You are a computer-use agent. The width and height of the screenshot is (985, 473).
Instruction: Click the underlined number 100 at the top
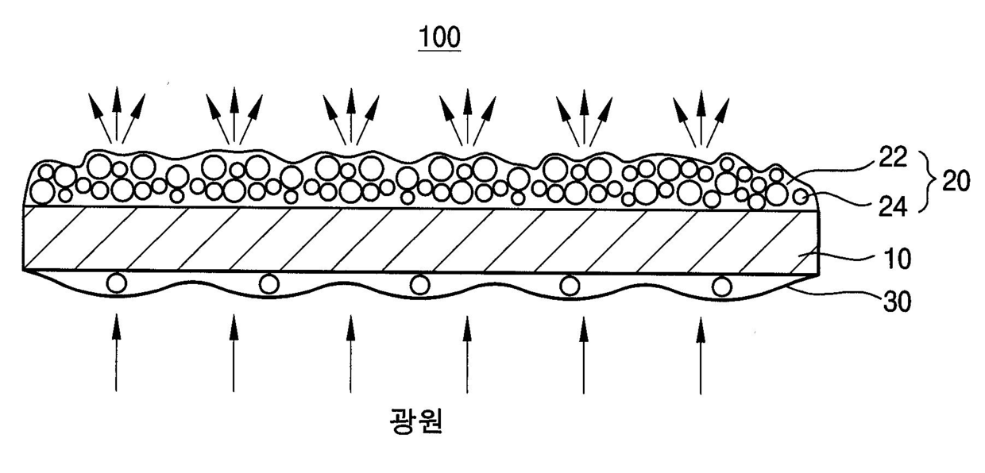click(439, 38)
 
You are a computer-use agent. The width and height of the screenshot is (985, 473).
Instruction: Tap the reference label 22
click(893, 156)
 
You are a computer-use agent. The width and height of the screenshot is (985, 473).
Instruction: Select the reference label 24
click(893, 206)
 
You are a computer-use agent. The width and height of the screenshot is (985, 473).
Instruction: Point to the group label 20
click(956, 181)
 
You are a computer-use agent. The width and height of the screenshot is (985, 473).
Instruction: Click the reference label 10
click(897, 259)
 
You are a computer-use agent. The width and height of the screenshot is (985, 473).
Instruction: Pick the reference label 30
click(897, 302)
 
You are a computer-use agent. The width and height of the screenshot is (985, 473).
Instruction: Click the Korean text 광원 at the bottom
click(416, 421)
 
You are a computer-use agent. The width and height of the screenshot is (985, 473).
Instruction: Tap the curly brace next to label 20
click(929, 182)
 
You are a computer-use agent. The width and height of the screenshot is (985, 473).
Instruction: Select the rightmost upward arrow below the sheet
click(701, 356)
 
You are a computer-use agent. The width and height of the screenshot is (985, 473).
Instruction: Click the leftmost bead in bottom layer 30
click(117, 283)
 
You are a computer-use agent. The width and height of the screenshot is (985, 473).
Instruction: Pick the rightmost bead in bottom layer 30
click(721, 286)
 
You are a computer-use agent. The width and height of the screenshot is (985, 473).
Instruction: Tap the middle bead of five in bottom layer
click(420, 285)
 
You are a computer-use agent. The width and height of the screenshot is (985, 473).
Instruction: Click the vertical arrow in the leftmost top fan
click(117, 114)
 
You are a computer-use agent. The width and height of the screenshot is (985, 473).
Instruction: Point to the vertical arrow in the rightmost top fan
click(701, 117)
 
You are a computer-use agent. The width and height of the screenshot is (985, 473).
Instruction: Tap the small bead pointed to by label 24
click(802, 197)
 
